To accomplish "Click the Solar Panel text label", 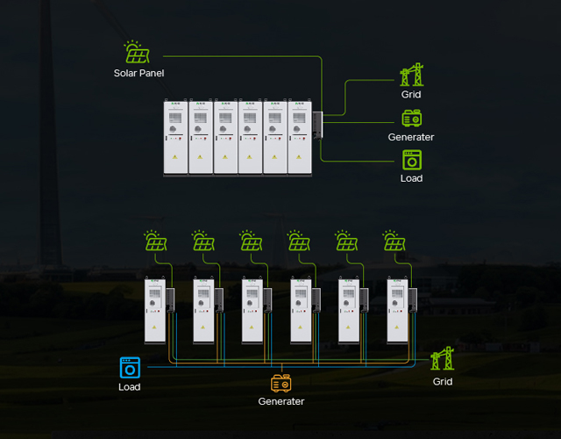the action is [x=138, y=73].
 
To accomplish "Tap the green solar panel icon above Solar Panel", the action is [x=137, y=52].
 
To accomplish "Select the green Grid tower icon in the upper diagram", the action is [x=412, y=75].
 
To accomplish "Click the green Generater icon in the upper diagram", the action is [x=412, y=119].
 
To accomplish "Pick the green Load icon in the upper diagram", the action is [x=412, y=160].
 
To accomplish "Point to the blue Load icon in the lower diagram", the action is [x=130, y=368].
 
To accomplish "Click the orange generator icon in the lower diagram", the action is [x=281, y=384].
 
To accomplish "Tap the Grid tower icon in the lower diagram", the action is [x=443, y=358].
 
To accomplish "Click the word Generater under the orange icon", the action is [x=281, y=401].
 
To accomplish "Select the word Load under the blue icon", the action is [x=130, y=387].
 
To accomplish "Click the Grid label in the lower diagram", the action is [x=443, y=382].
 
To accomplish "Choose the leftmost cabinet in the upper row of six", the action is [x=175, y=138].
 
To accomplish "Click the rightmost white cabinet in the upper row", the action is [x=300, y=138].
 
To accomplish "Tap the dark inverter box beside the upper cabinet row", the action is [x=317, y=125].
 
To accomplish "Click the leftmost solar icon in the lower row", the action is [x=156, y=241].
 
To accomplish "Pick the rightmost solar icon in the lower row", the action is [x=394, y=241].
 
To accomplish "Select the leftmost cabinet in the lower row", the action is [x=155, y=310].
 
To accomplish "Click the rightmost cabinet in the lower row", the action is [x=397, y=310].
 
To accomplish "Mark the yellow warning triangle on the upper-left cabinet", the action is [x=175, y=156].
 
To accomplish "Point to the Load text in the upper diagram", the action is [x=411, y=178].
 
